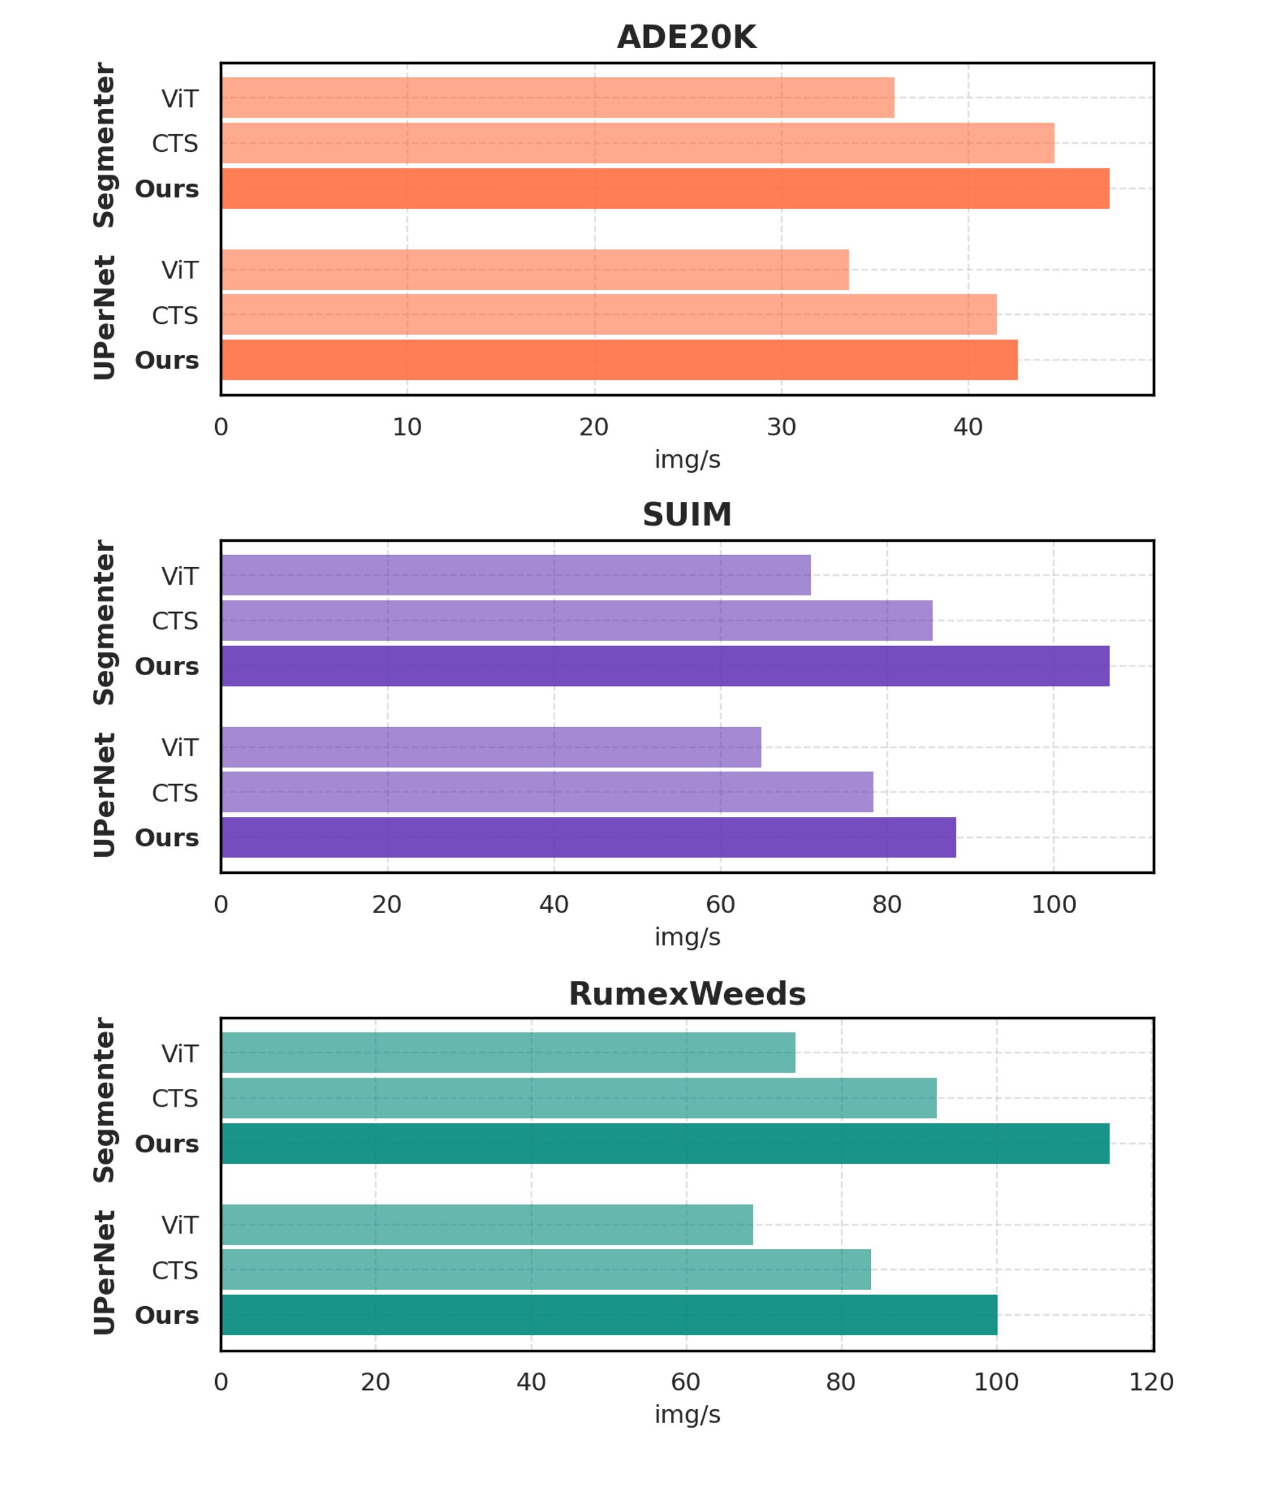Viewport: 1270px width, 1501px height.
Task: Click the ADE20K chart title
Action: pos(686,37)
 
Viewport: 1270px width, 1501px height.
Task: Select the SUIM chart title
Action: pos(686,515)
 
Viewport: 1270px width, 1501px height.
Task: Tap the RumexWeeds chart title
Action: pos(686,994)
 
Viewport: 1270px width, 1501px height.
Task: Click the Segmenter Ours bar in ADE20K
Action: pos(665,189)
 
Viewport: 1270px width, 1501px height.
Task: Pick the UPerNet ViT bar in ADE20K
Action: pos(534,270)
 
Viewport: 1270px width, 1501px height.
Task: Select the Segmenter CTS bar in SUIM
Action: pos(576,621)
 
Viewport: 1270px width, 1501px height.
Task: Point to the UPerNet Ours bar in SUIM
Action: pos(588,838)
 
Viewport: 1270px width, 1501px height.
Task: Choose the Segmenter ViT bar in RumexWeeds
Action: pos(508,1053)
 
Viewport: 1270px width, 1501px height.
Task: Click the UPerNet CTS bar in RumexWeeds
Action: pos(545,1270)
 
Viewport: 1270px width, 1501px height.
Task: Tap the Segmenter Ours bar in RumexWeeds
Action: pos(665,1143)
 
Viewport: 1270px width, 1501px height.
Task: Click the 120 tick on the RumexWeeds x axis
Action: pos(1151,1382)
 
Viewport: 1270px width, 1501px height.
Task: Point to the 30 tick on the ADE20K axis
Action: pos(781,428)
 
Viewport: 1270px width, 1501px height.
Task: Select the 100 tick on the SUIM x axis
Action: pos(1053,906)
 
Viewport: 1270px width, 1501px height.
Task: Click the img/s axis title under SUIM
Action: pos(686,938)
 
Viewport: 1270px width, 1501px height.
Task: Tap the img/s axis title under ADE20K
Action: pos(686,459)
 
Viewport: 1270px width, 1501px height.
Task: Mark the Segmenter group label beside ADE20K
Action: pos(104,146)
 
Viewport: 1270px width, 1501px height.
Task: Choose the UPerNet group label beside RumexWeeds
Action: pos(104,1273)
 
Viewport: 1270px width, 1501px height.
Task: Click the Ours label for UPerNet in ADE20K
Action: pos(166,360)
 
